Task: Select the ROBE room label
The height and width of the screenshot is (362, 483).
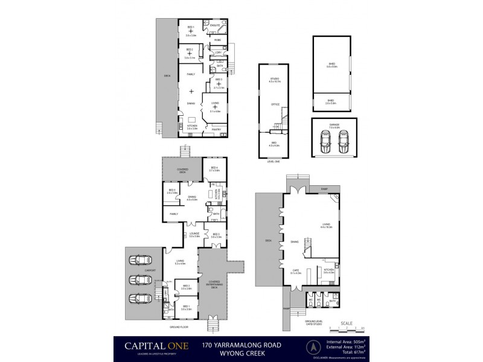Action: pyautogui.click(x=217, y=40)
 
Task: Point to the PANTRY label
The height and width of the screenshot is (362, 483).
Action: pyautogui.click(x=216, y=129)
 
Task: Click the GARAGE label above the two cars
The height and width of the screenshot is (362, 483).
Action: pyautogui.click(x=334, y=125)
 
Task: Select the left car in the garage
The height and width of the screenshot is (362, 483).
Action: pyautogui.click(x=324, y=143)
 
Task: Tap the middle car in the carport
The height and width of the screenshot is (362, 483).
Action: pyautogui.click(x=142, y=280)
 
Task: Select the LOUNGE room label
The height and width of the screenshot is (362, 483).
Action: pyautogui.click(x=194, y=234)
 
